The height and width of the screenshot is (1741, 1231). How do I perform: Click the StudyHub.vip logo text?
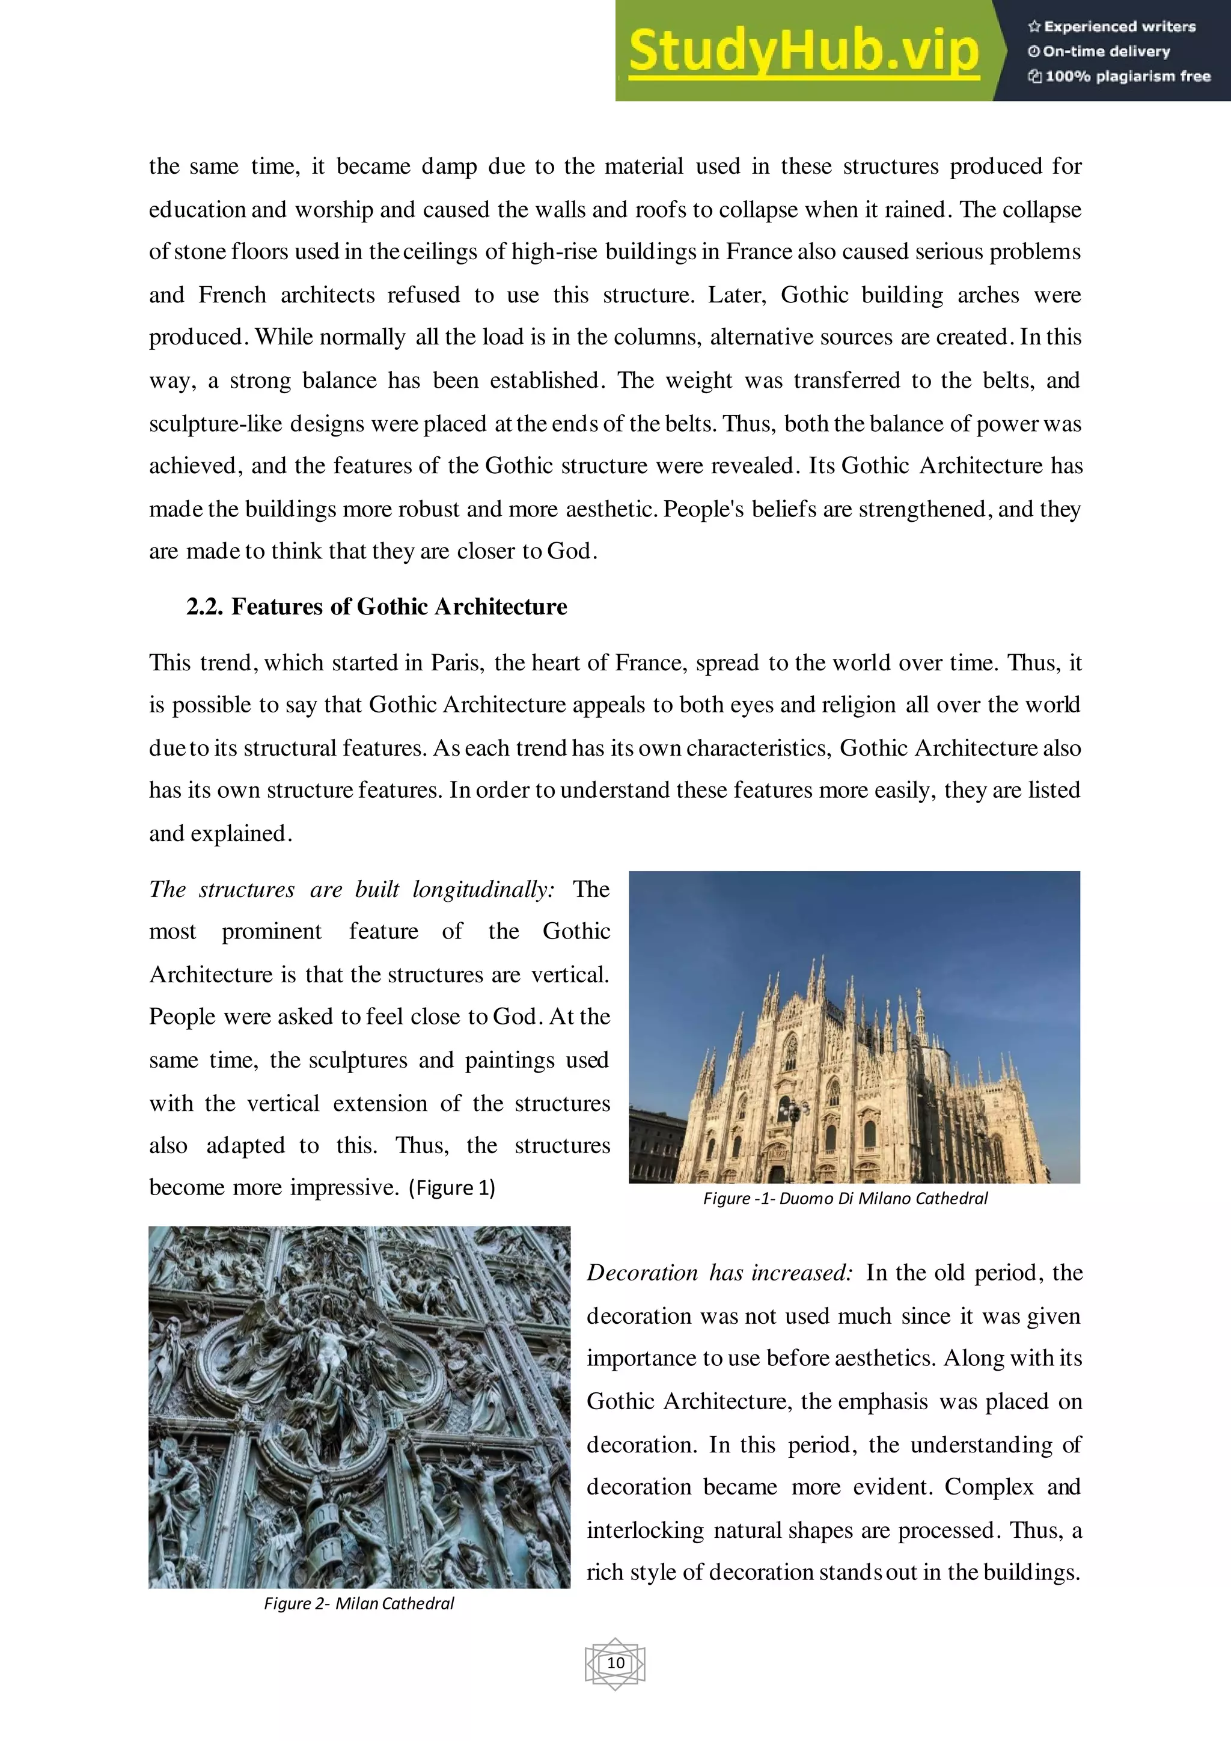click(x=804, y=52)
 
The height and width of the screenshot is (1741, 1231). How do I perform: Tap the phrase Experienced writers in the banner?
click(x=1119, y=26)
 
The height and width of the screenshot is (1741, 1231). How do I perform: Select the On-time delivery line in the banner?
click(x=1105, y=52)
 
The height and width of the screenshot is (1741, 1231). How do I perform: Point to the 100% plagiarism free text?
click(x=1126, y=76)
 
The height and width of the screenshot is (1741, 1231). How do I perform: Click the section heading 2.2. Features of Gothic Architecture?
click(x=377, y=607)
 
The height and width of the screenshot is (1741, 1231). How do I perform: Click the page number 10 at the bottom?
click(x=615, y=1663)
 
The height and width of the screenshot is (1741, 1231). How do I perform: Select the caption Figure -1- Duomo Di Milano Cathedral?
click(x=845, y=1198)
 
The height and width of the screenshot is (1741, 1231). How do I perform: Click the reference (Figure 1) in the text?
click(x=452, y=1187)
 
